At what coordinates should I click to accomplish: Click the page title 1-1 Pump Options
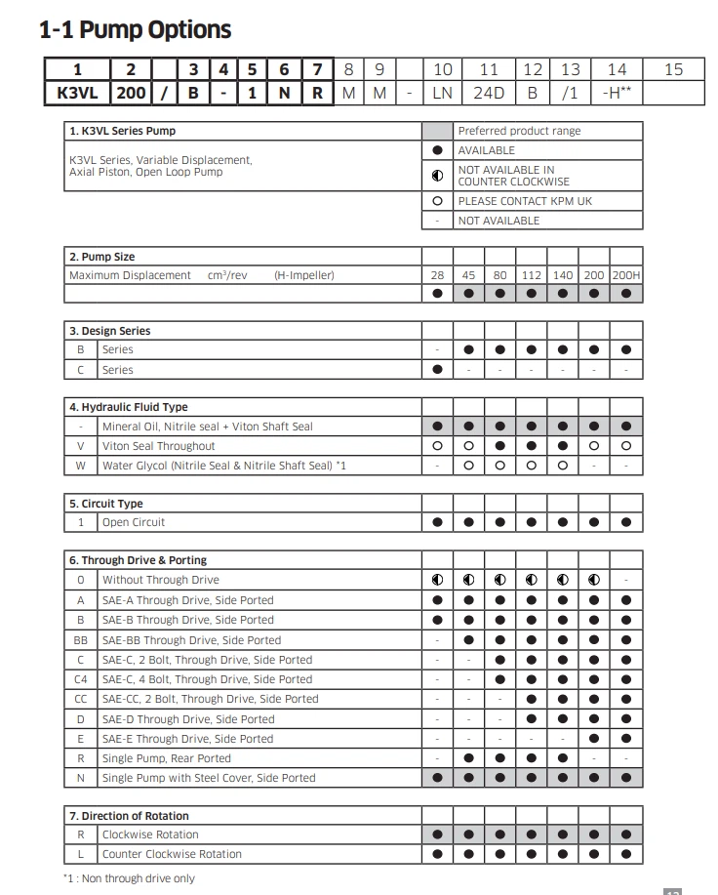tap(135, 30)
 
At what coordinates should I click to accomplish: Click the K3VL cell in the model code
tap(76, 94)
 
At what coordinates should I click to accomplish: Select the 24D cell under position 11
tap(489, 94)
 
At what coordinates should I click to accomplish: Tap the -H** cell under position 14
tap(617, 94)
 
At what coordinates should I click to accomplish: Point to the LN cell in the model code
tap(442, 94)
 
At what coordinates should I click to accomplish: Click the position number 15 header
tap(673, 69)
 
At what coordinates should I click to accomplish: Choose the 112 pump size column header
tap(531, 275)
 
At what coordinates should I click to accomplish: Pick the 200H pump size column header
tap(626, 275)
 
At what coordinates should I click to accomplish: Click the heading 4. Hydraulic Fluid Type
tap(129, 407)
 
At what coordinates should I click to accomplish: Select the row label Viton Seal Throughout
tap(158, 446)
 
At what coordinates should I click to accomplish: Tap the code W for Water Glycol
tap(81, 466)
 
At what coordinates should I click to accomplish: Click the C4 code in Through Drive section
tap(81, 679)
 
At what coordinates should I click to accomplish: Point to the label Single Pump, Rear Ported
tap(167, 758)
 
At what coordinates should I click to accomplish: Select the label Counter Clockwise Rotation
tap(172, 854)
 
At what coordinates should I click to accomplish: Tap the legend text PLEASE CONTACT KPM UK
tap(525, 201)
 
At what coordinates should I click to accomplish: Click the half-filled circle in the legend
tap(437, 176)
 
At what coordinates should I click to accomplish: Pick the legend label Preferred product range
tap(519, 131)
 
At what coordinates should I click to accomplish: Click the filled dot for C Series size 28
tap(437, 370)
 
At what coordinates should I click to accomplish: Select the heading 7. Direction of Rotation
tap(129, 815)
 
